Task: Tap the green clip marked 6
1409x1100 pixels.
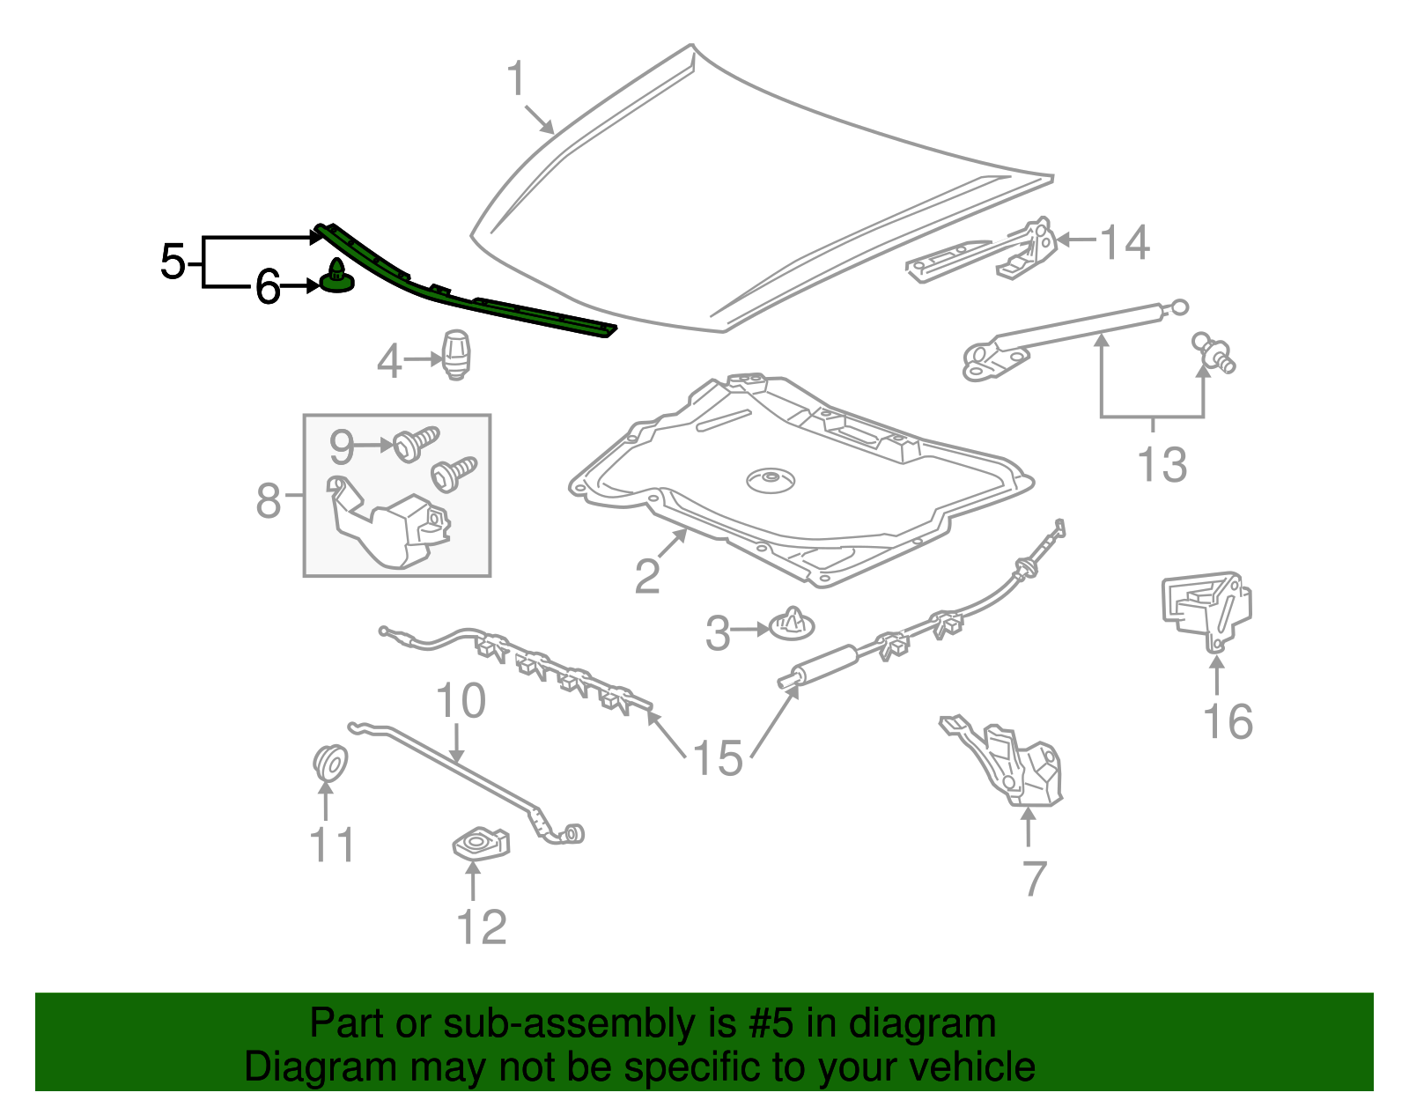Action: (x=336, y=277)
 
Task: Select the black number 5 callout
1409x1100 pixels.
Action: (x=173, y=262)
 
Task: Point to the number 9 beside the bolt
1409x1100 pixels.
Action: (x=342, y=447)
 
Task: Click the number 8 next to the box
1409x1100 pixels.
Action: (x=268, y=501)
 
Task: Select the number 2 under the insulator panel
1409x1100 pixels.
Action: (x=647, y=576)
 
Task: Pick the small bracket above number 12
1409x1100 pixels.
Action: (x=481, y=843)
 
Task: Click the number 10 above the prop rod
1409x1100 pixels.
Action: (x=461, y=702)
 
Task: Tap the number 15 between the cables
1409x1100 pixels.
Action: (x=718, y=758)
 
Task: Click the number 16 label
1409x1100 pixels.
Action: (x=1228, y=721)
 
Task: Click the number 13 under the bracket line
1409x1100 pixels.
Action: (x=1162, y=464)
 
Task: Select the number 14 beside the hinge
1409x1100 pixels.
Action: (x=1125, y=242)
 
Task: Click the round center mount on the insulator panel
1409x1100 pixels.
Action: (x=770, y=481)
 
